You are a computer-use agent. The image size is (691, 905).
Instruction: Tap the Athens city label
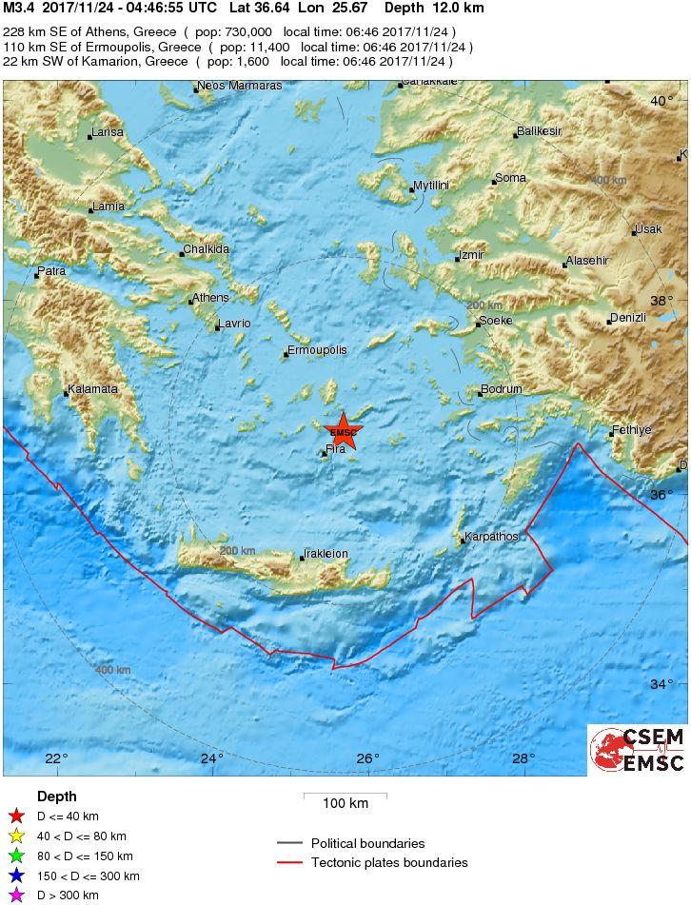(210, 298)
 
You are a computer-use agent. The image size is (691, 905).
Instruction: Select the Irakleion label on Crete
(326, 554)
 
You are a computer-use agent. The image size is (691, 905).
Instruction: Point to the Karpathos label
(492, 537)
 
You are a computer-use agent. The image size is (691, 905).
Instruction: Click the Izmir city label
(472, 255)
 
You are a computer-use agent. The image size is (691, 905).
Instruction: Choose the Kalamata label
(92, 389)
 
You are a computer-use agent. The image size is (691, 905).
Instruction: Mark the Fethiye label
(632, 430)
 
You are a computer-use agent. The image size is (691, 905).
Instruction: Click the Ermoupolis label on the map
(318, 350)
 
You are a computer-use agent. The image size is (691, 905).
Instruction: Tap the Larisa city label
(107, 132)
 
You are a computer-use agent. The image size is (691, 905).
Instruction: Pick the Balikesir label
(539, 131)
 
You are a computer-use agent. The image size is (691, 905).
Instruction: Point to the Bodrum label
(502, 389)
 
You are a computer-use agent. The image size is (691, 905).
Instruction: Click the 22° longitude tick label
(56, 758)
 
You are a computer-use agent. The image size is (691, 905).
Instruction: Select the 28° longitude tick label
(523, 758)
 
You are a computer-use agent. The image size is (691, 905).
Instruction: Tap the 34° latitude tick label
(661, 684)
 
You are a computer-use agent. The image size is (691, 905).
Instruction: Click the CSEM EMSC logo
(636, 750)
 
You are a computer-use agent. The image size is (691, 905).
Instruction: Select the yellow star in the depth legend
(15, 836)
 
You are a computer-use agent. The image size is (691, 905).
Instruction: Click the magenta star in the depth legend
(15, 895)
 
